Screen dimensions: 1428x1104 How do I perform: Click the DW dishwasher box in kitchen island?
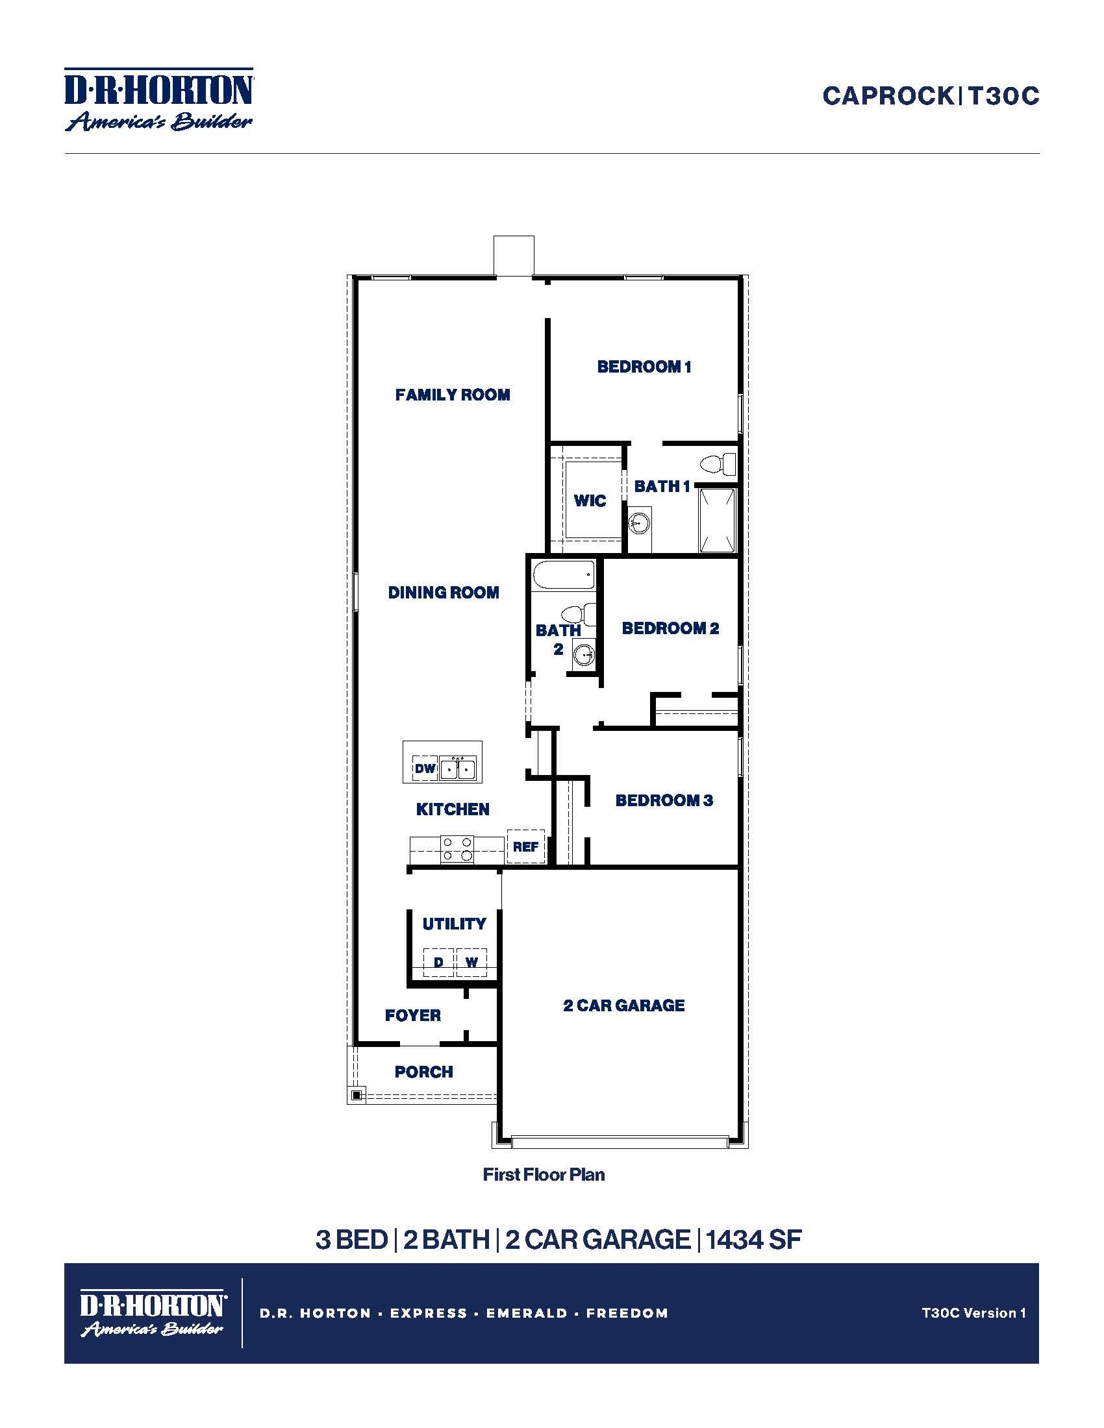click(425, 769)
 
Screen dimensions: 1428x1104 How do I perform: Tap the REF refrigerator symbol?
click(525, 846)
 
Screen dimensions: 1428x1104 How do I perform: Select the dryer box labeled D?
click(439, 963)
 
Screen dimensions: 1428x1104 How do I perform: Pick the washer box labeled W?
click(471, 963)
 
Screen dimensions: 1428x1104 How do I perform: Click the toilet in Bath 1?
click(718, 464)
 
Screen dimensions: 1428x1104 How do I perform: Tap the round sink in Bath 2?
click(583, 653)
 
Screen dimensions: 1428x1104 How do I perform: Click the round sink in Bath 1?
click(639, 523)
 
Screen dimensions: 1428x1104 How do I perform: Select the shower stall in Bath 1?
click(718, 520)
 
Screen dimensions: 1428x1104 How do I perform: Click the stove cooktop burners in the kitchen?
click(457, 849)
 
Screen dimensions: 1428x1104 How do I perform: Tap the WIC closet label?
click(590, 501)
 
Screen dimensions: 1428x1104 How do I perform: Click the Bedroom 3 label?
click(664, 800)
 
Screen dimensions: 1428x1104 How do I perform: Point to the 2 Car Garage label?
click(624, 1005)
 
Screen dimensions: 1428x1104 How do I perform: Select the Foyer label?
click(412, 1015)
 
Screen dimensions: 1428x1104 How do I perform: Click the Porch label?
click(424, 1072)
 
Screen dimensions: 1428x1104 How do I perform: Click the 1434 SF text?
click(753, 1240)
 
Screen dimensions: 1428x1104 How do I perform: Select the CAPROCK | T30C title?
click(930, 96)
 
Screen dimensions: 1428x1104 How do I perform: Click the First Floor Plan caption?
click(544, 1175)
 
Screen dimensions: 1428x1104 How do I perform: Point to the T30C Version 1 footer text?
click(973, 1313)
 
